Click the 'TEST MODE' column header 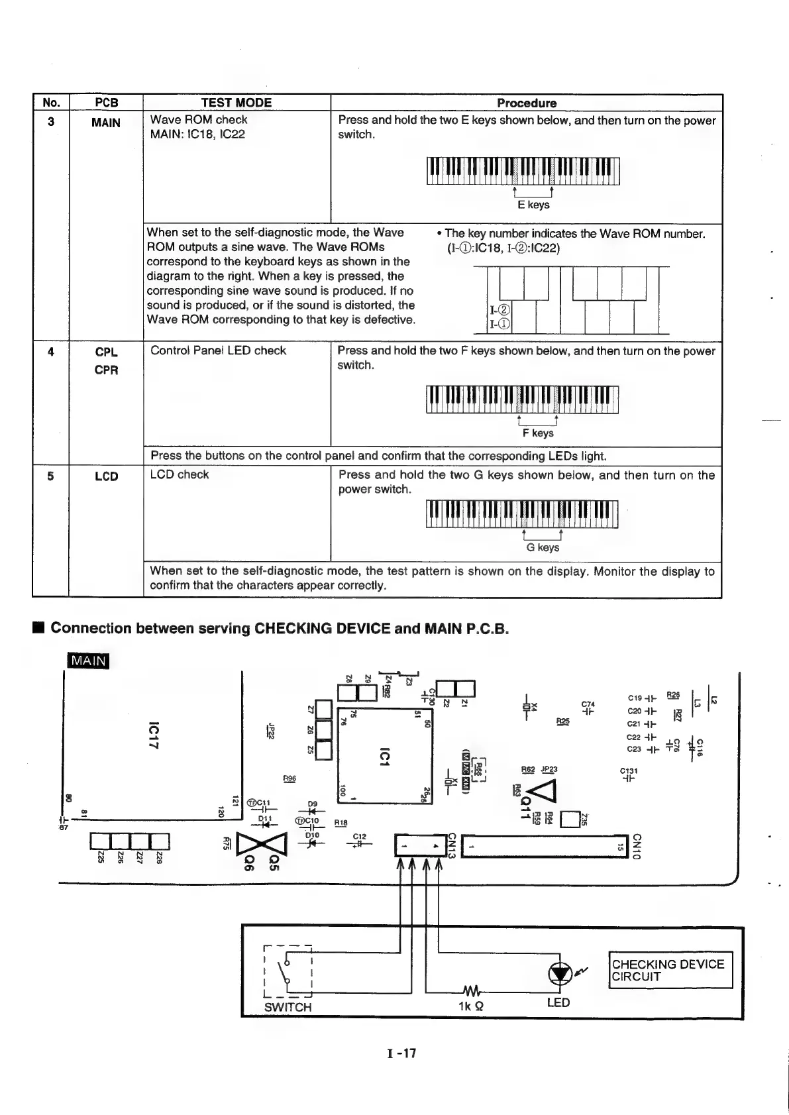click(237, 103)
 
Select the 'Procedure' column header click(526, 103)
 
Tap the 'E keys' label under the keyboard click(533, 205)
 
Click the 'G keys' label click(542, 548)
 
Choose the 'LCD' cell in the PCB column click(106, 476)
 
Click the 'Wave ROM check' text click(199, 120)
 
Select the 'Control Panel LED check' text click(218, 350)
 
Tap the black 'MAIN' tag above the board click(89, 661)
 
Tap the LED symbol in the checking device click(560, 972)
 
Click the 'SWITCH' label click(288, 1007)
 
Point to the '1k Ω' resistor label click(470, 1004)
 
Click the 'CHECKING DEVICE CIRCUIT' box click(670, 970)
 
